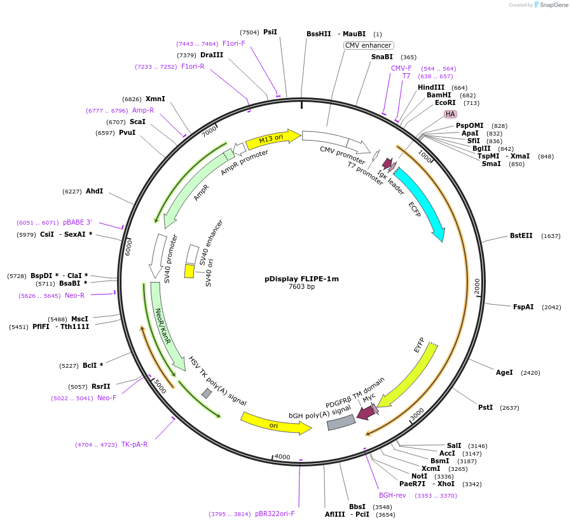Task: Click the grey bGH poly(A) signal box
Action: [341, 423]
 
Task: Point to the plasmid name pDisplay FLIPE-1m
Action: [301, 279]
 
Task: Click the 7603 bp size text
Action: [301, 287]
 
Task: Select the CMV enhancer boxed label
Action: [369, 46]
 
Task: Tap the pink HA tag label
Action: [450, 114]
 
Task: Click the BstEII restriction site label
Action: [521, 235]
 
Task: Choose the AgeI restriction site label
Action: [504, 372]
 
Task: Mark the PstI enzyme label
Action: [485, 407]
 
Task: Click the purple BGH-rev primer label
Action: [392, 496]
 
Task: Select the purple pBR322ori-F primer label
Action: [275, 514]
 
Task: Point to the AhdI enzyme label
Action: [94, 191]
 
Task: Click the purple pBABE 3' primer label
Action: [77, 222]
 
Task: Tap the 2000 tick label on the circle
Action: [478, 286]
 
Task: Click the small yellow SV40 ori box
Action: [189, 272]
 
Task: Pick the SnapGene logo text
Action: [554, 4]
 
